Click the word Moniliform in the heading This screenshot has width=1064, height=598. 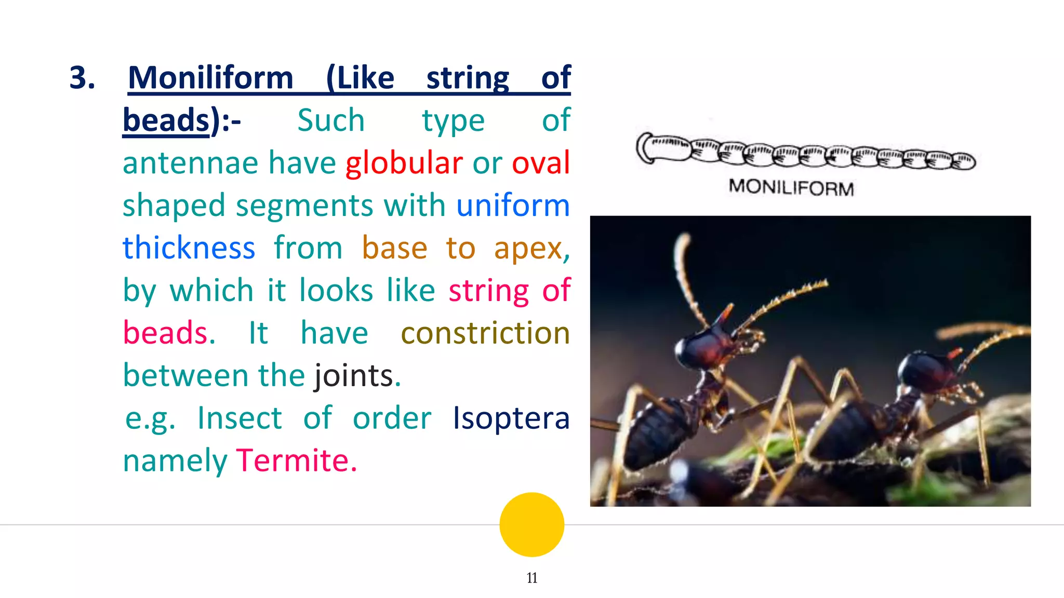210,78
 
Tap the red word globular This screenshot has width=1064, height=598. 404,163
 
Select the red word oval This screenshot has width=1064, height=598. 541,163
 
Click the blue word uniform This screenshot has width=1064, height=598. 513,206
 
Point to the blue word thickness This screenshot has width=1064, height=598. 189,248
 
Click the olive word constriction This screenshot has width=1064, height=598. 485,333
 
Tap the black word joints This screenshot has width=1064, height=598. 353,376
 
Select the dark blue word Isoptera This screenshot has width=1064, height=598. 511,418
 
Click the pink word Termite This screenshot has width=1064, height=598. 296,461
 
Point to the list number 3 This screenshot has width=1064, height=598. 82,78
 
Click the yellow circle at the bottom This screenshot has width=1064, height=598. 531,524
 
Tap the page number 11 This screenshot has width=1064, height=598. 531,578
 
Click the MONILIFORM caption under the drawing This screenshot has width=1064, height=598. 791,187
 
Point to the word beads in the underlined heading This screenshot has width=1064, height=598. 166,120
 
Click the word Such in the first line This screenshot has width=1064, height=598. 330,120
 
